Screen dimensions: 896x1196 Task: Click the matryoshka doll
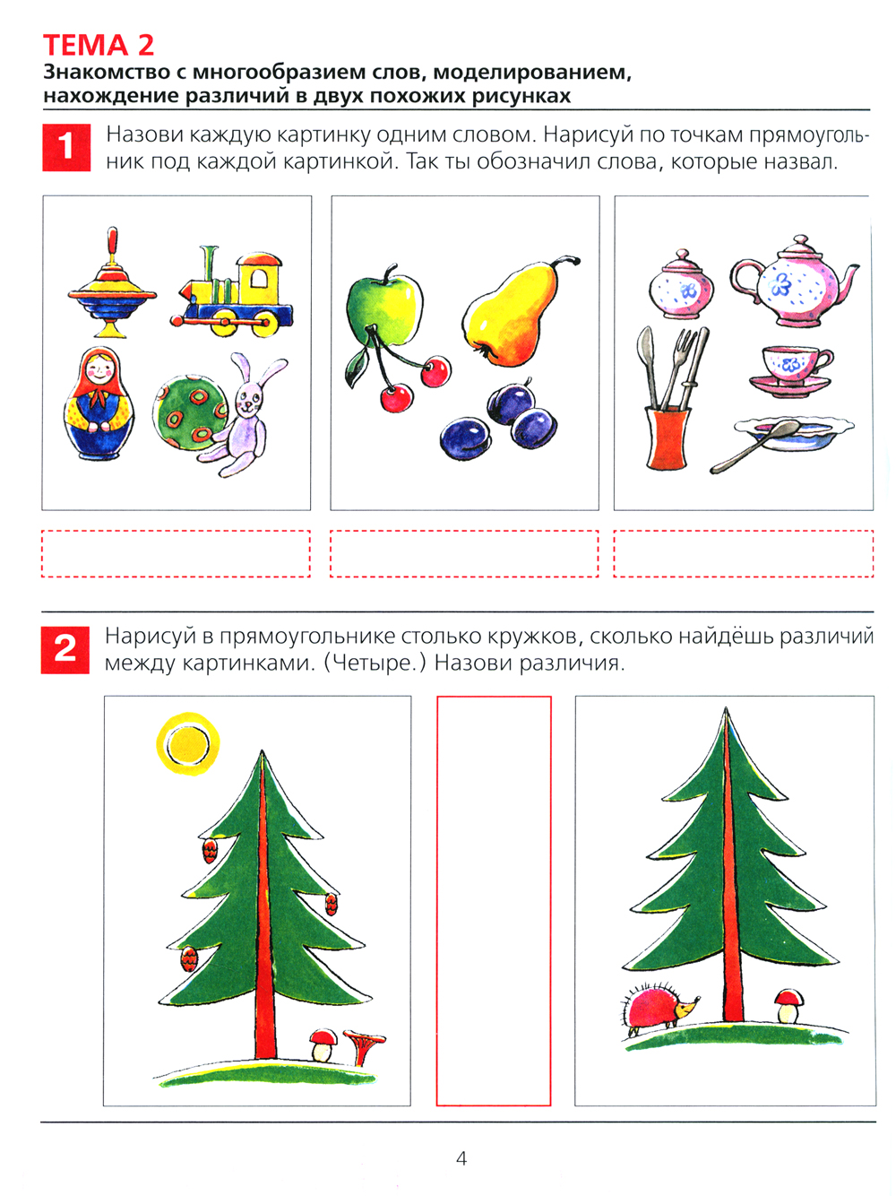99,403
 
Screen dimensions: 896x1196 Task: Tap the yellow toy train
232,293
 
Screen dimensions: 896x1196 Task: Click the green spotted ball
190,410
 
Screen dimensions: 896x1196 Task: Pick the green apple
385,309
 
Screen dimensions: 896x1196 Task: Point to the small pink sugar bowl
681,285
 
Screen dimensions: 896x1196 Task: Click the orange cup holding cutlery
668,438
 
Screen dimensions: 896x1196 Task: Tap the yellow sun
188,743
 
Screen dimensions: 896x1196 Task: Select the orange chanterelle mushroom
364,1045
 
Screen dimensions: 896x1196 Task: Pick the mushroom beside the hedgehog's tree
788,1007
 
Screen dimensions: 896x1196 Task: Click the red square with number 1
66,148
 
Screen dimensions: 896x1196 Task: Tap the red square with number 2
65,650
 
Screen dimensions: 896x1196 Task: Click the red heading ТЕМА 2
99,45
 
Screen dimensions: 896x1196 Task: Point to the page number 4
461,1159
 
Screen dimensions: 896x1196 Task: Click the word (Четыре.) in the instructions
375,663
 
